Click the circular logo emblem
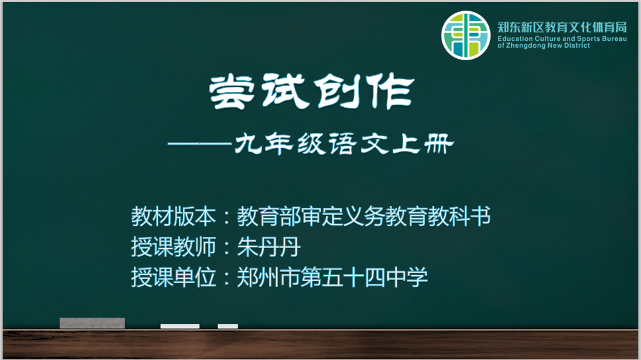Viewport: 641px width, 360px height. pyautogui.click(x=466, y=36)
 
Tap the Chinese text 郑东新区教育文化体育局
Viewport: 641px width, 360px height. pyautogui.click(x=562, y=27)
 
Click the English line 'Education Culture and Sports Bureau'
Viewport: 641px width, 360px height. pyautogui.click(x=562, y=39)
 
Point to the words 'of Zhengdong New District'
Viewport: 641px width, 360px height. pyautogui.click(x=544, y=46)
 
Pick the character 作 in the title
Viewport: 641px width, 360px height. pyautogui.click(x=390, y=91)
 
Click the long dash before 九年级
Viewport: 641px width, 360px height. pyautogui.click(x=200, y=144)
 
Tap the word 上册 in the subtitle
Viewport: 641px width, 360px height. pyautogui.click(x=423, y=144)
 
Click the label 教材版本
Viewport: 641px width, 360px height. pyautogui.click(x=173, y=216)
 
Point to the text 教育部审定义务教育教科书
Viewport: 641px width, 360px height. pyautogui.click(x=364, y=216)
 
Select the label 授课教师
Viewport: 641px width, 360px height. pyautogui.click(x=173, y=247)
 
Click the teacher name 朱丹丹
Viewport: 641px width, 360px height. pyautogui.click(x=269, y=247)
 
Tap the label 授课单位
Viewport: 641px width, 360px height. pyautogui.click(x=173, y=277)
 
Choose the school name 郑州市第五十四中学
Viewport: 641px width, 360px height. pyautogui.click(x=332, y=277)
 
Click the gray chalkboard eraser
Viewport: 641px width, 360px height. pyautogui.click(x=93, y=323)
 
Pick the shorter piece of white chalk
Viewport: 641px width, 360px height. pyautogui.click(x=228, y=326)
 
